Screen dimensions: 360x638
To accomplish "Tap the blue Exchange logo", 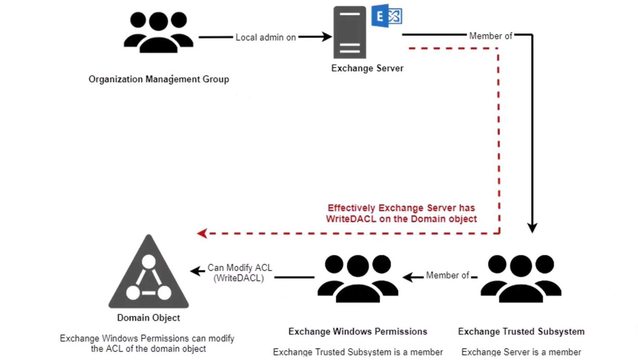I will [387, 16].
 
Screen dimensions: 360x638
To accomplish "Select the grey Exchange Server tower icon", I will [349, 33].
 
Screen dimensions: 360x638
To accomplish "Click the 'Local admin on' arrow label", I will [266, 37].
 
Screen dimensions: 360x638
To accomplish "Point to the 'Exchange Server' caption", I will [367, 68].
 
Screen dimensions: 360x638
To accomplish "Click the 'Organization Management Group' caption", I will [159, 79].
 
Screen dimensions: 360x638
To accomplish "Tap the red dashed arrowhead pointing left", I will [202, 233].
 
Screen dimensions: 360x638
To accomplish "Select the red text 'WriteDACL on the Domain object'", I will [401, 219].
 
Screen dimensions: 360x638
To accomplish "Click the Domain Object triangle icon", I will [149, 274].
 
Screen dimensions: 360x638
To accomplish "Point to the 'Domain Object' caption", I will [148, 318].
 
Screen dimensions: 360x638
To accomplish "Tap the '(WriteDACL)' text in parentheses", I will [238, 278].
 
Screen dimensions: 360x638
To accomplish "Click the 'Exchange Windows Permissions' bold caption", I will [358, 332].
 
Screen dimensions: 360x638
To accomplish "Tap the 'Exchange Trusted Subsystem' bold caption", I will [521, 332].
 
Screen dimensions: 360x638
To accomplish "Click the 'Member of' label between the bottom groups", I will [447, 275].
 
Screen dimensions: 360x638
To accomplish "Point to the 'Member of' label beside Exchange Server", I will [490, 36].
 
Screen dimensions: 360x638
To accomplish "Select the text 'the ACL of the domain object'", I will [148, 349].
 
